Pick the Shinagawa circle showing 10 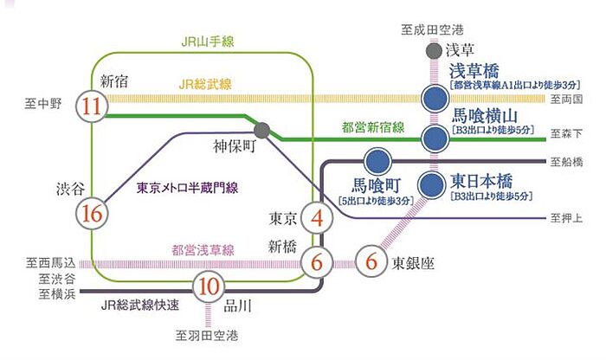point(207,286)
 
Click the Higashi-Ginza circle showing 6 point(371,259)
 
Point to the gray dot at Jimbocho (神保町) point(262,132)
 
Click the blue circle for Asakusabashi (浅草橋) point(433,97)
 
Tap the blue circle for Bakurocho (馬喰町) point(376,162)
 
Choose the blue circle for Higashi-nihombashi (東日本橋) point(433,185)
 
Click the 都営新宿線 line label point(373,128)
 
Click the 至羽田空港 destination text point(207,334)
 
